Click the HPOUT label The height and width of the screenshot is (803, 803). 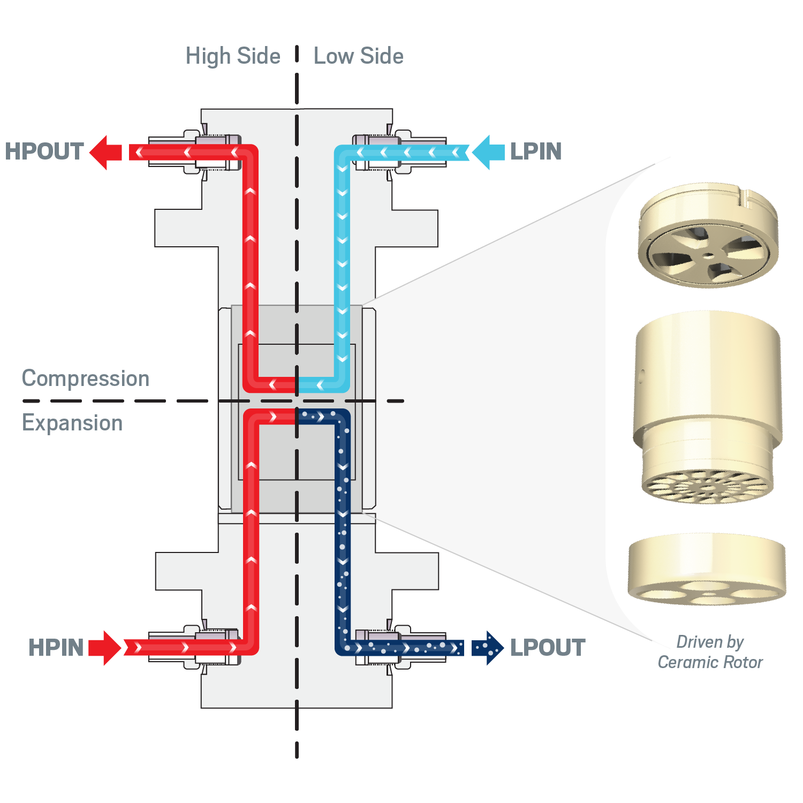pos(44,151)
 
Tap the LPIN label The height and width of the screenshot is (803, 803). pos(536,151)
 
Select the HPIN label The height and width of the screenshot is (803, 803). pos(56,648)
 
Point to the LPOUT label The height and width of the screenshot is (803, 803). pos(548,648)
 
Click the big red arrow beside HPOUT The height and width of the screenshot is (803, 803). pos(105,153)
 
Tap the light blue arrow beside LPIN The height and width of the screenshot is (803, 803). pos(489,153)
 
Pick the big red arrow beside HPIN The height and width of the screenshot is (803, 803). pos(105,648)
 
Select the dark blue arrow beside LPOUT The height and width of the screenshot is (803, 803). pos(488,648)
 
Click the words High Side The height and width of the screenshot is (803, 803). pos(233,56)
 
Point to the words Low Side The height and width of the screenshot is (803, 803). pos(359,56)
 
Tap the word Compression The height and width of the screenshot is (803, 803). pos(86,378)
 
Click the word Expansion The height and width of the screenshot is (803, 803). pos(72,423)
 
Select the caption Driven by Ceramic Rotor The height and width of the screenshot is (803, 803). pos(710,652)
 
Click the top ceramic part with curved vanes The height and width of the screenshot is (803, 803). pos(708,236)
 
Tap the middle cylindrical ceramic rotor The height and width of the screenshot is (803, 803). pos(708,407)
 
